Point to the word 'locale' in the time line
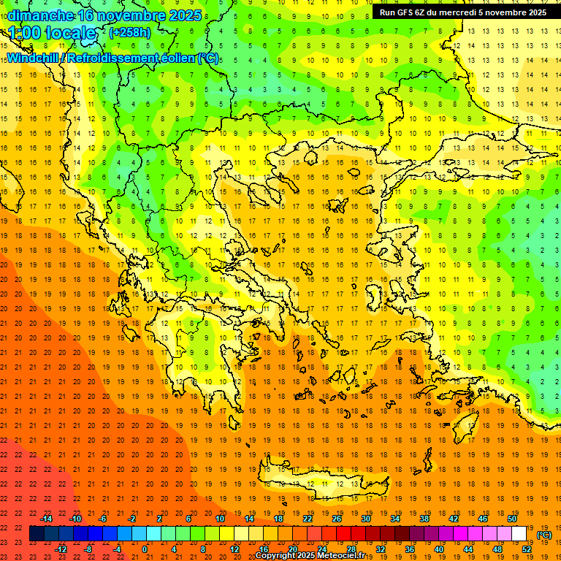click(x=71, y=33)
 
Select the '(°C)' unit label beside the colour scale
click(x=543, y=535)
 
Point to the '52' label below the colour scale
click(x=526, y=549)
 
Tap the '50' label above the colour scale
click(x=512, y=519)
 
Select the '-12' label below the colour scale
click(x=61, y=549)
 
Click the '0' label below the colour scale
click(x=145, y=549)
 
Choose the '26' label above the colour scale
click(x=337, y=519)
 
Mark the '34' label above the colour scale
click(x=395, y=519)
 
